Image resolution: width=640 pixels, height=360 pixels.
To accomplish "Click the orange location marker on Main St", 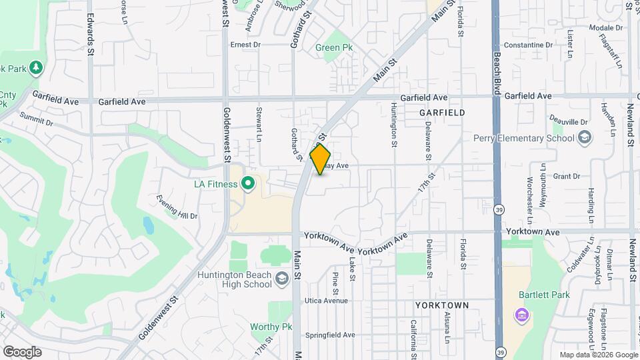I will (321, 159).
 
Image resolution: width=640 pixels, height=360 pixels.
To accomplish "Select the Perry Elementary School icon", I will (585, 138).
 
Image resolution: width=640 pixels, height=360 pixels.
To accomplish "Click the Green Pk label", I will (333, 48).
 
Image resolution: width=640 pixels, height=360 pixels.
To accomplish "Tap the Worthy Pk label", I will (271, 327).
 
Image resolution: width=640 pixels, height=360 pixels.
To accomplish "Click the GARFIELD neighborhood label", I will (442, 113).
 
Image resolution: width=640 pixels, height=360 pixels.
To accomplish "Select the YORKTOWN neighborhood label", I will (441, 305).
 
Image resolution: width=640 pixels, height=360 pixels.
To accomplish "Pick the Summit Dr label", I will (36, 119).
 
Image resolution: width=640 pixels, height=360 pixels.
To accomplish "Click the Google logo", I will (22, 352).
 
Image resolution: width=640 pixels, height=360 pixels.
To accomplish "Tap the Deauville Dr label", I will (569, 122).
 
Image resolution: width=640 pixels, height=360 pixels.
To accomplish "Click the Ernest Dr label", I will (245, 45).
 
